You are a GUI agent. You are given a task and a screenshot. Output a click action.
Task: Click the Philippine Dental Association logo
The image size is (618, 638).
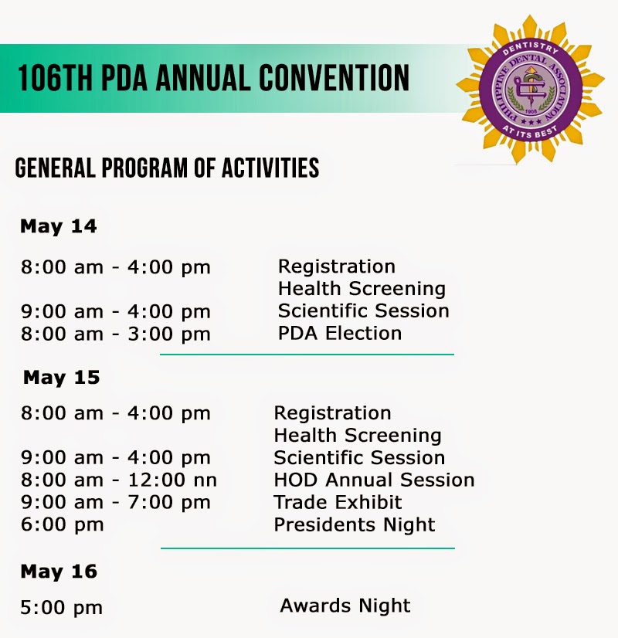[x=530, y=89]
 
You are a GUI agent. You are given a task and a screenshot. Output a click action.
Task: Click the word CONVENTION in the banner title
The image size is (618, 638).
[x=334, y=78]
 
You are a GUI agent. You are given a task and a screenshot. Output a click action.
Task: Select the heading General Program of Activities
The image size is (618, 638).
[x=167, y=168]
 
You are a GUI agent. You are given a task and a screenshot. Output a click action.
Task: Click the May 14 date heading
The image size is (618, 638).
[x=59, y=226]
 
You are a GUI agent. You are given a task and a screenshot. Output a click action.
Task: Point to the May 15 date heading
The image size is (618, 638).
[x=62, y=378]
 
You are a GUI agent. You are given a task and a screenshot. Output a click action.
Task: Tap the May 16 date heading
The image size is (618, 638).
[x=59, y=572]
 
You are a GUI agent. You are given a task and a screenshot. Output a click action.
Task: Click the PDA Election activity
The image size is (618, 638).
[x=340, y=333]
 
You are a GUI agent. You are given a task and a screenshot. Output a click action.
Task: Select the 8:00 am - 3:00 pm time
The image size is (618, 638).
[x=116, y=334]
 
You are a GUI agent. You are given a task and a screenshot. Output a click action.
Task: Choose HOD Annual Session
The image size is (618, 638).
[x=375, y=480]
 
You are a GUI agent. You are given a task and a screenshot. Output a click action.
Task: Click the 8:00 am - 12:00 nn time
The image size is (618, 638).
[x=119, y=480]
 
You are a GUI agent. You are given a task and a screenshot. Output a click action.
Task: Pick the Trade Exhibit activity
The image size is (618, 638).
[x=338, y=502]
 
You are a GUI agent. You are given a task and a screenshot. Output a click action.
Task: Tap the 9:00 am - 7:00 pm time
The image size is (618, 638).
[x=116, y=502]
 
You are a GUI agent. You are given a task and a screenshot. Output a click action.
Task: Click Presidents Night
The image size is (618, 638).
[x=355, y=525]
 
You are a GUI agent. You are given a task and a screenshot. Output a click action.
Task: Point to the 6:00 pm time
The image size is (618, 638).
[x=63, y=525]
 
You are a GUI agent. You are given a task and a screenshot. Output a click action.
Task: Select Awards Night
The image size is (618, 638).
[x=345, y=606]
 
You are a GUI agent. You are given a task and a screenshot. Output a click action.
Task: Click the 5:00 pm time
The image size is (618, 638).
[x=62, y=608]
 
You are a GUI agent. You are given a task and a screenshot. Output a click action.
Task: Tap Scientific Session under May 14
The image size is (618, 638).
[x=364, y=311]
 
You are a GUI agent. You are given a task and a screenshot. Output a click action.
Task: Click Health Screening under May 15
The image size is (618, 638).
[x=358, y=436]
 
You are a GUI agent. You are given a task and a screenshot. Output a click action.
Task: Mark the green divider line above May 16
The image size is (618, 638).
[x=307, y=548]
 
